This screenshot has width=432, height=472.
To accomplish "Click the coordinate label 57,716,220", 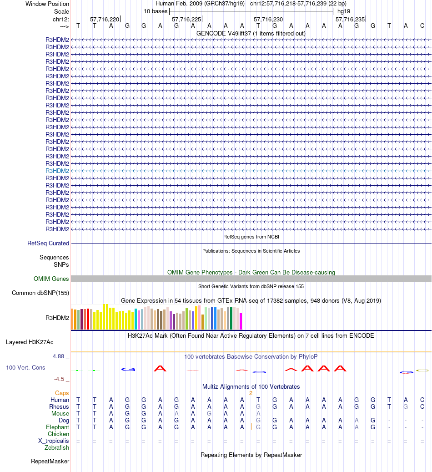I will tap(105, 19).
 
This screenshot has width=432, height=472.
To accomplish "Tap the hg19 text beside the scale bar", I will tap(343, 11).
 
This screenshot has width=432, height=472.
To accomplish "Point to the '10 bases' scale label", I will tap(156, 11).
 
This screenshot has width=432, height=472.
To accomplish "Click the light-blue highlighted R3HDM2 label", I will tap(57, 171).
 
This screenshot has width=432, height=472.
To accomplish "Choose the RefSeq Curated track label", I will tap(48, 244).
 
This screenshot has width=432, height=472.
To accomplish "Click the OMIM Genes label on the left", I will tap(51, 279).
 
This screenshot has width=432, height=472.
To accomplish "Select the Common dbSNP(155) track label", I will tap(40, 293).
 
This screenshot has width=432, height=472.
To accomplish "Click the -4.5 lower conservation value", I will tap(61, 379).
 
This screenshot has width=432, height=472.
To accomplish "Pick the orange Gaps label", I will tap(62, 393).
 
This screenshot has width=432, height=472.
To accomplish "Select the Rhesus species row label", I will tap(59, 406).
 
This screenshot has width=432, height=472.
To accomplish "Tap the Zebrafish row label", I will tap(57, 447).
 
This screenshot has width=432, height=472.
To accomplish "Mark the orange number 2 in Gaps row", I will tap(251, 393).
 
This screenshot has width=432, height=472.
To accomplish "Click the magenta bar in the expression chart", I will tap(241, 321).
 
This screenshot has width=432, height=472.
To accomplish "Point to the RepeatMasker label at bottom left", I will tap(50, 462).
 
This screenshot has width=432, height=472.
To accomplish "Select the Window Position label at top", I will tap(47, 4).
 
